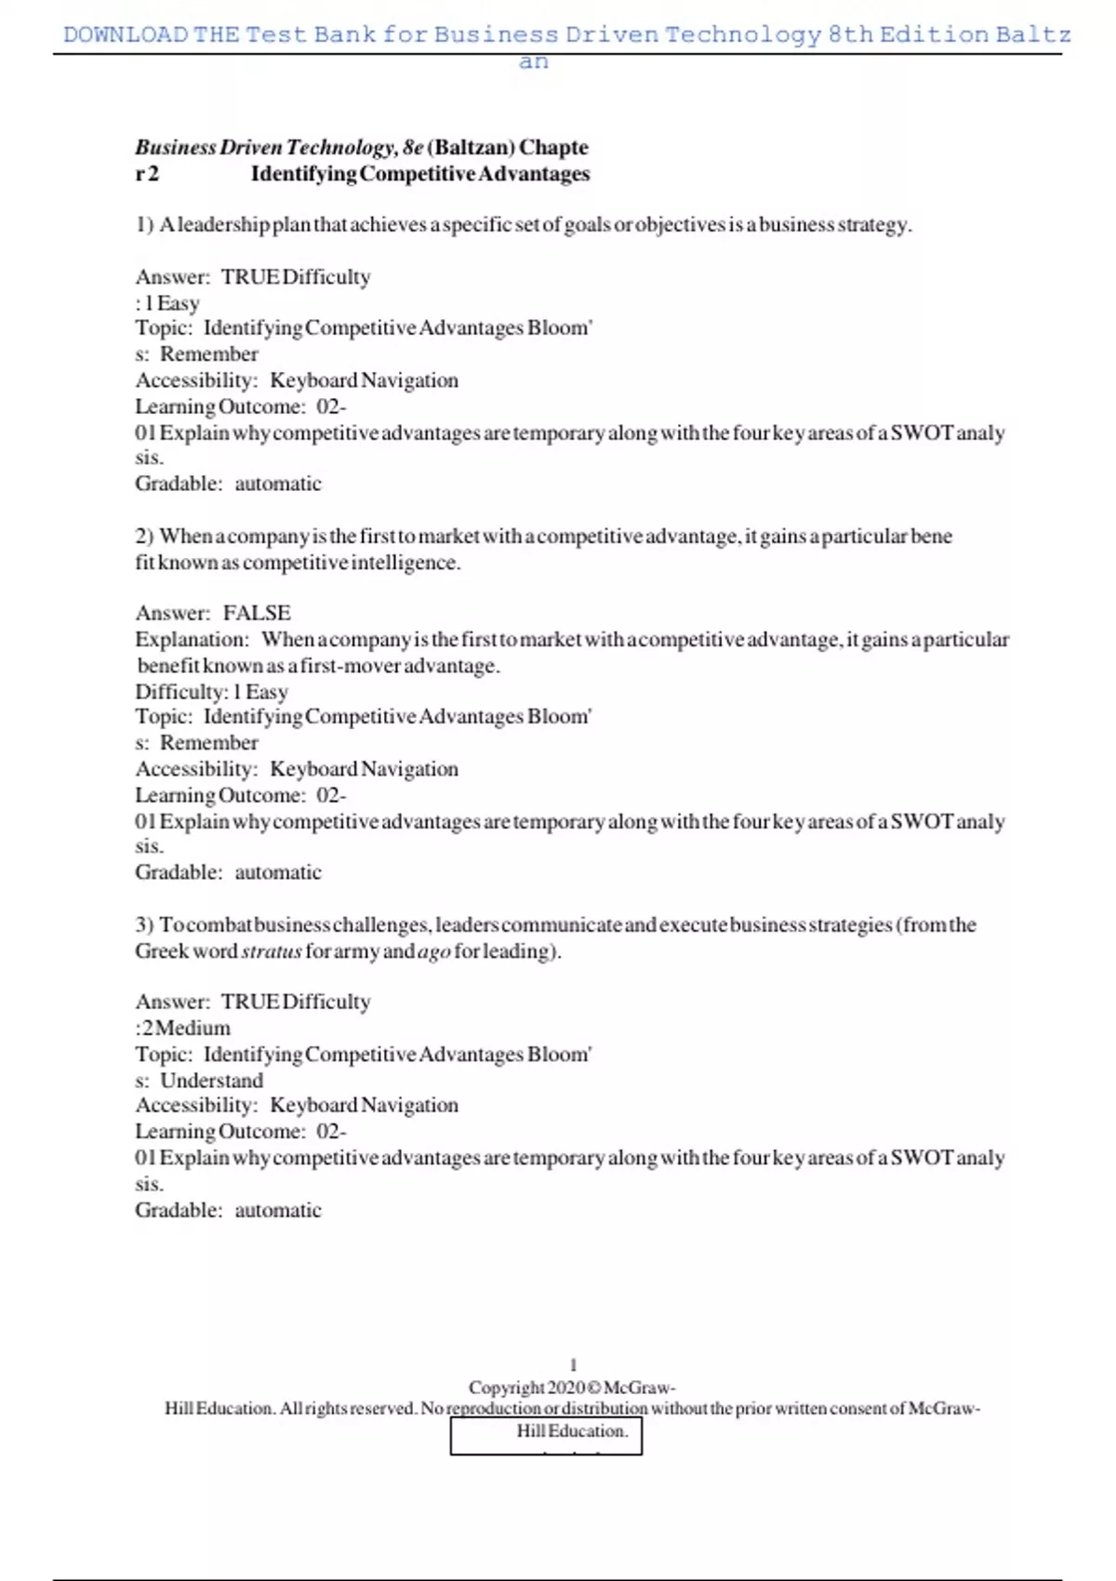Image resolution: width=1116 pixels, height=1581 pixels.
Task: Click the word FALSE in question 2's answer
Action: coord(257,613)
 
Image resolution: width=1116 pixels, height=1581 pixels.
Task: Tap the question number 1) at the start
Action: coord(144,225)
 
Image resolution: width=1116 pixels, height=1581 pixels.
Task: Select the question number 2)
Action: coord(144,537)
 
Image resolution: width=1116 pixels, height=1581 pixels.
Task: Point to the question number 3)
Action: coord(144,925)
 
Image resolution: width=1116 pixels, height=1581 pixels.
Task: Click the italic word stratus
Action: coord(272,951)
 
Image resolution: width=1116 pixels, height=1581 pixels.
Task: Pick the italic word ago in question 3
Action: coord(434,951)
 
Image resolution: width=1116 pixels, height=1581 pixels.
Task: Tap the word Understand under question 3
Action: coord(211,1081)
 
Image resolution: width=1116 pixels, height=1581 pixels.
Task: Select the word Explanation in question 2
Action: coord(192,640)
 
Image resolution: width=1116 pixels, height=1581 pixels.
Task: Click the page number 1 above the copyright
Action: coord(573,1365)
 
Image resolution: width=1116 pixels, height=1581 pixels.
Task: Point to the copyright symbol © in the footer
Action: coord(594,1388)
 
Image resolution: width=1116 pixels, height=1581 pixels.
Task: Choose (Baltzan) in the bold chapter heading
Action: coord(471,148)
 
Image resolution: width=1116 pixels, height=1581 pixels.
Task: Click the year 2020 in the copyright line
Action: coord(565,1388)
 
